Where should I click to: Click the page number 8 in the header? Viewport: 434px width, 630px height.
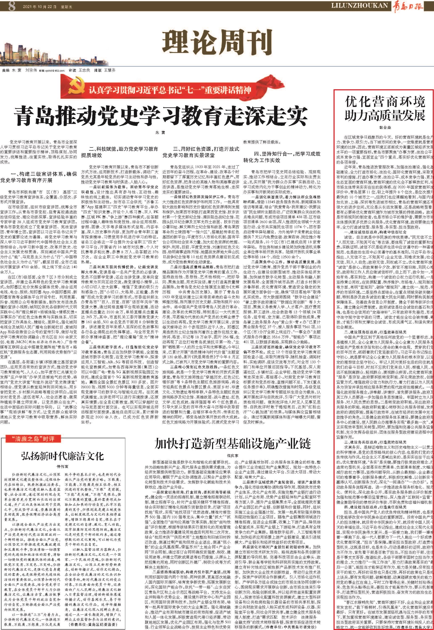12,6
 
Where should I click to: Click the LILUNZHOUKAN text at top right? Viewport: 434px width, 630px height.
359,5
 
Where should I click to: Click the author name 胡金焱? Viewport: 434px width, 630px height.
385,128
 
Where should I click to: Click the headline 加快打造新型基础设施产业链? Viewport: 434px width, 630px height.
232,444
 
